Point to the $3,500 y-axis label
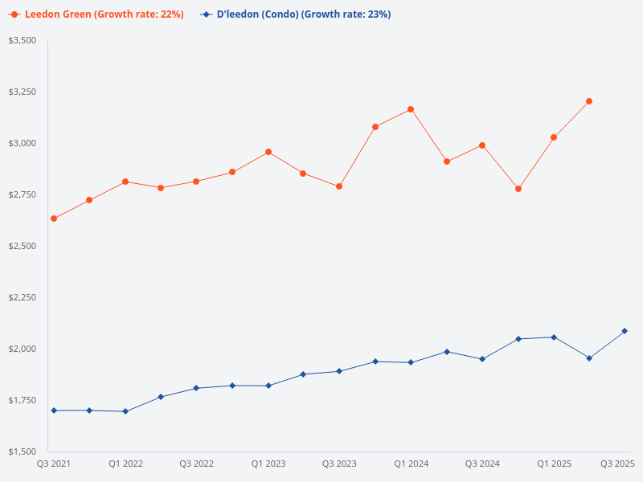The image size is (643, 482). pos(23,40)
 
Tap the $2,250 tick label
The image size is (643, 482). pos(23,297)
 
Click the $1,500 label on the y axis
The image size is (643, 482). pos(23,451)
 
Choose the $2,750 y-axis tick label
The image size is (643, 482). pos(23,194)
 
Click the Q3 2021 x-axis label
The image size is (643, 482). pos(54,464)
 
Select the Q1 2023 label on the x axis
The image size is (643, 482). pos(268,464)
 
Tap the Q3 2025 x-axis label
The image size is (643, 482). pos(618,464)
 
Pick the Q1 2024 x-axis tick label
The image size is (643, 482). pos(411,464)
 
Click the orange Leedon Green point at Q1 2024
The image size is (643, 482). pos(411,109)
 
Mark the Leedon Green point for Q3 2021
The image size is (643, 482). pos(54,219)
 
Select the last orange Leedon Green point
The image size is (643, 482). pos(589,101)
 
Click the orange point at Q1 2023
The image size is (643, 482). pos(268,152)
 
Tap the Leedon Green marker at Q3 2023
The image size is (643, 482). pos(339,186)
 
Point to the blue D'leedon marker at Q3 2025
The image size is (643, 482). pos(625,331)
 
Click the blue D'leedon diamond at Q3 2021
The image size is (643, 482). pos(54,411)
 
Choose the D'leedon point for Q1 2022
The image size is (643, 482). pos(125,411)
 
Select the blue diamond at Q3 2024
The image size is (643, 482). pos(482,359)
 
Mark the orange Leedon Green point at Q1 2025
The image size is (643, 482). pos(554,137)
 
